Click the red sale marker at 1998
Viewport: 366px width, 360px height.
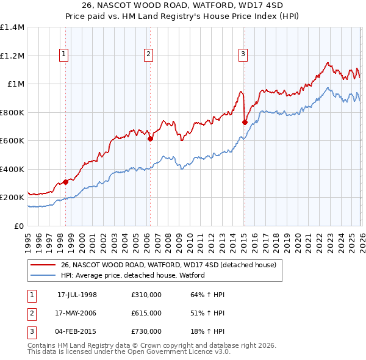[65, 182]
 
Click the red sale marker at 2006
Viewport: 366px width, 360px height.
[150, 139]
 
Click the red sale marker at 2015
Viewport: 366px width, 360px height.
[245, 122]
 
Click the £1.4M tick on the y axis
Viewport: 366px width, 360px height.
[12, 27]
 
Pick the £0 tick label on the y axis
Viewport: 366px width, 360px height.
[19, 226]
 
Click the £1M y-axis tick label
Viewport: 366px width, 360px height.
[16, 84]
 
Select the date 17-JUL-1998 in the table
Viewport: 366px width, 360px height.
[77, 295]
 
